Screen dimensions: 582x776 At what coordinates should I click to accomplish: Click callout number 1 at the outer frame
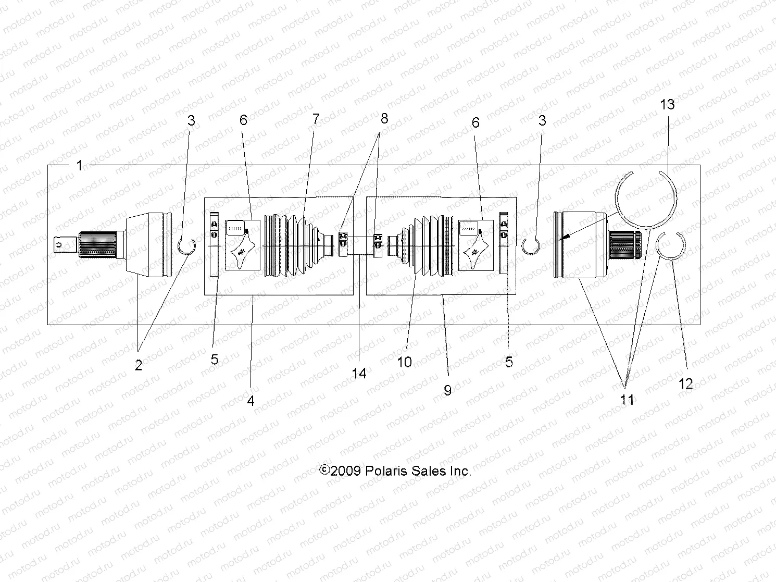coord(79,166)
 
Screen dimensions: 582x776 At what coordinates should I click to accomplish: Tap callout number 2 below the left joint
coord(139,365)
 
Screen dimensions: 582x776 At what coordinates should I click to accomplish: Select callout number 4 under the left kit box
coord(251,401)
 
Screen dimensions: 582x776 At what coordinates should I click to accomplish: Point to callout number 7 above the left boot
coord(316,119)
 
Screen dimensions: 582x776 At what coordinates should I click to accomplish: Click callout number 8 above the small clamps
coord(384,118)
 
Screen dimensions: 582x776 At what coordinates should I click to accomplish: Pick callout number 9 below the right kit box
coord(447,390)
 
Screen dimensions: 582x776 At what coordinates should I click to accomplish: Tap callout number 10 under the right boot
coord(405,362)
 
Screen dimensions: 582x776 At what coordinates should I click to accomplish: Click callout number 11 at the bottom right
coord(627,400)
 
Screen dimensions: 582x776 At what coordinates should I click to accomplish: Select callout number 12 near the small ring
coord(686,383)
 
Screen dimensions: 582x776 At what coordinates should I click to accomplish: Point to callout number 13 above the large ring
coord(667,104)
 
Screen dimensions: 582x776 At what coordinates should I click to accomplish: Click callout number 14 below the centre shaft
coord(359,373)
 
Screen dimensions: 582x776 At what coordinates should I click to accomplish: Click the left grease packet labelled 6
coord(243,245)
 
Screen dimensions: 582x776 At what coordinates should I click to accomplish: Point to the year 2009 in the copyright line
coord(346,471)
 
